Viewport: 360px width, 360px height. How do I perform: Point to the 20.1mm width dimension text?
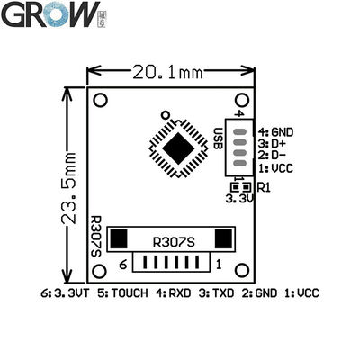(x=167, y=73)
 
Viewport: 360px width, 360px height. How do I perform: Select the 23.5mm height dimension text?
(x=69, y=188)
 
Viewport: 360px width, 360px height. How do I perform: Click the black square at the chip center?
(x=179, y=148)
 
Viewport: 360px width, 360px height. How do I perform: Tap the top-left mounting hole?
(x=100, y=100)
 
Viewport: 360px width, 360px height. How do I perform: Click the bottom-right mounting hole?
(x=242, y=270)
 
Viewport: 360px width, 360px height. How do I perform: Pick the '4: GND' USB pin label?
(x=276, y=132)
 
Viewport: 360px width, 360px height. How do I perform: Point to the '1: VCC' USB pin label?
(x=275, y=168)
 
